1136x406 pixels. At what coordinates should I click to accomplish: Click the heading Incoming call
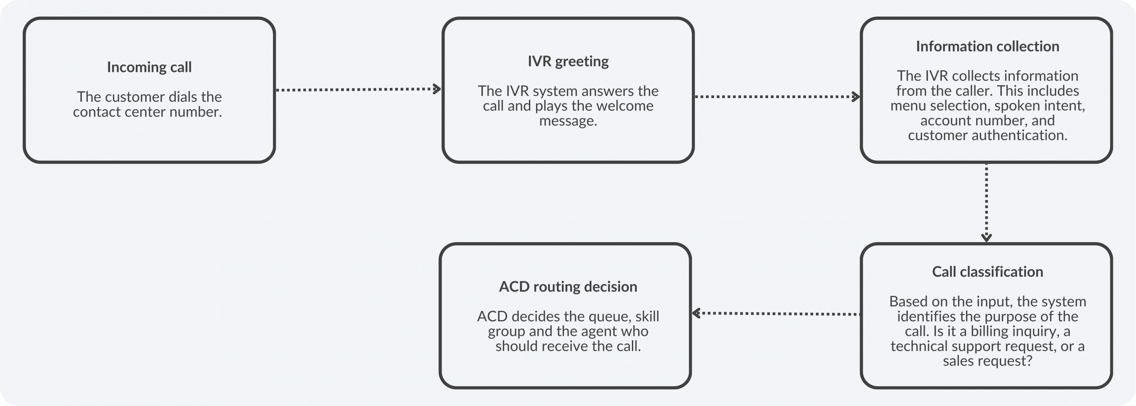[x=149, y=67]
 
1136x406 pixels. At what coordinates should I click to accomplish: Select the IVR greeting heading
[x=568, y=61]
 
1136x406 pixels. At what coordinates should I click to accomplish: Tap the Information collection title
[x=987, y=46]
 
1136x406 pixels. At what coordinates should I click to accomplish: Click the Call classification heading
[x=987, y=271]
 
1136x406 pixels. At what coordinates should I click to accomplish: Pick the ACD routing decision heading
[x=568, y=287]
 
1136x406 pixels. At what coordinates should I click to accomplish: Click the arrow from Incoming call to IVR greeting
[x=358, y=89]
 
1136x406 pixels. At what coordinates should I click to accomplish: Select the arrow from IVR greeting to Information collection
[x=777, y=96]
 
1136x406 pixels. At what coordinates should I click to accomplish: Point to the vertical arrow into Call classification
[x=986, y=202]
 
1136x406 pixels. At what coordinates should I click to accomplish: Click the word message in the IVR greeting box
[x=568, y=120]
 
